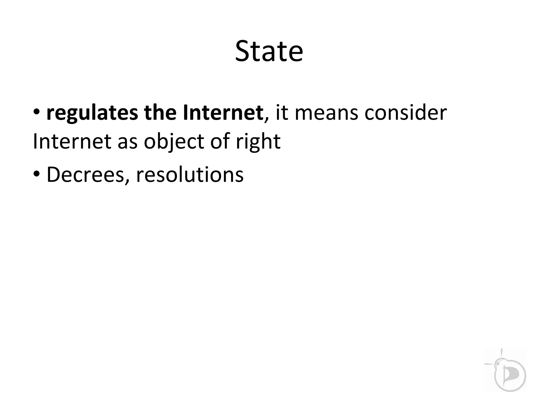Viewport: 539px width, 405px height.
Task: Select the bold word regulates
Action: coord(92,113)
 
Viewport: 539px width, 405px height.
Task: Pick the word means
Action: coord(326,113)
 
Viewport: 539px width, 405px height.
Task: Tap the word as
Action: coord(128,142)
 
